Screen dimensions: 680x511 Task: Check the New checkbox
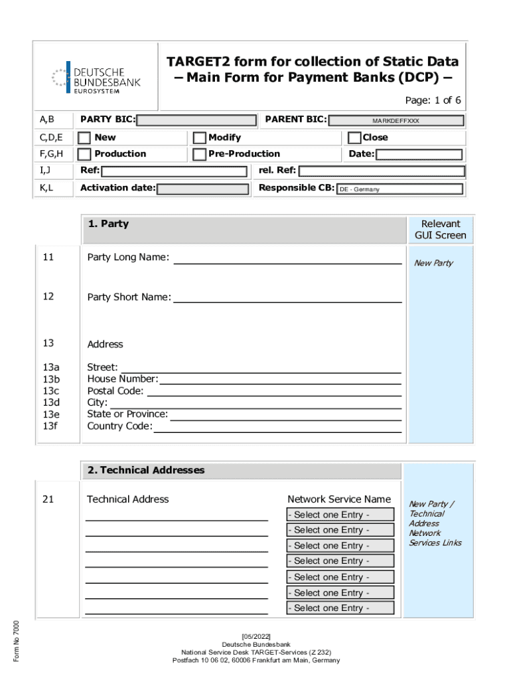pyautogui.click(x=85, y=138)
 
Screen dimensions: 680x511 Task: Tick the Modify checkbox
pyautogui.click(x=199, y=138)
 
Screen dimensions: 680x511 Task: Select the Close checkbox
pyautogui.click(x=354, y=138)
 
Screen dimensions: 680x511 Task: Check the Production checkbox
pyautogui.click(x=85, y=154)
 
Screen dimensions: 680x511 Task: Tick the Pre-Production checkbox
pyautogui.click(x=199, y=154)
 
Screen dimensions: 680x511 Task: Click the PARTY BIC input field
pyautogui.click(x=196, y=120)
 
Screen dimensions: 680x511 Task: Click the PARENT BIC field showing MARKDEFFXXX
pyautogui.click(x=396, y=121)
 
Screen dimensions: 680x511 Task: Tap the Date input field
pyautogui.click(x=419, y=155)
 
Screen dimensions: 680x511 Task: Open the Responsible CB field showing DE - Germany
pyautogui.click(x=399, y=189)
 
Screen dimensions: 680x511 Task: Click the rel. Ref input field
pyautogui.click(x=380, y=171)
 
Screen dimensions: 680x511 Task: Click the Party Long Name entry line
pyautogui.click(x=287, y=258)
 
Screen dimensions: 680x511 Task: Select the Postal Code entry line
pyautogui.click(x=273, y=392)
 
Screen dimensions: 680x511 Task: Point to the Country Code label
pyautogui.click(x=119, y=426)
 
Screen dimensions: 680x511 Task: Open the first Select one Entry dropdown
pyautogui.click(x=340, y=515)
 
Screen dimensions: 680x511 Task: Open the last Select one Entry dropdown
pyautogui.click(x=340, y=608)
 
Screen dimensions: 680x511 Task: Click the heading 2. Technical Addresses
pyautogui.click(x=146, y=470)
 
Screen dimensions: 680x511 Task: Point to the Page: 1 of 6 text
pyautogui.click(x=433, y=100)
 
